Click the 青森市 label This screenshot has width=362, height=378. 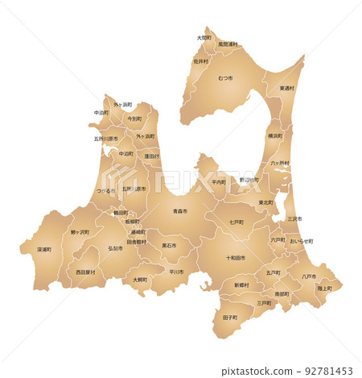179,211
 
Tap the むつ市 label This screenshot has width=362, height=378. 225,78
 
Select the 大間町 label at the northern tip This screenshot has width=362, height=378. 204,37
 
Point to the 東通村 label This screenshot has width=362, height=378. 287,88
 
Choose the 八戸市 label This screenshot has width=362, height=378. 308,276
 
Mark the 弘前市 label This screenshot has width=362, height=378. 115,248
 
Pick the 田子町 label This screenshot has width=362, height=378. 229,318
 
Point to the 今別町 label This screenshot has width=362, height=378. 134,118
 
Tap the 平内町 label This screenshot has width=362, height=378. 219,182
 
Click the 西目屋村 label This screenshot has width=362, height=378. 85,272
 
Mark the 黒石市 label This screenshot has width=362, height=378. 169,245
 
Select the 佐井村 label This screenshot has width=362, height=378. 200,60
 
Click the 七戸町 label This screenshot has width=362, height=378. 237,222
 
